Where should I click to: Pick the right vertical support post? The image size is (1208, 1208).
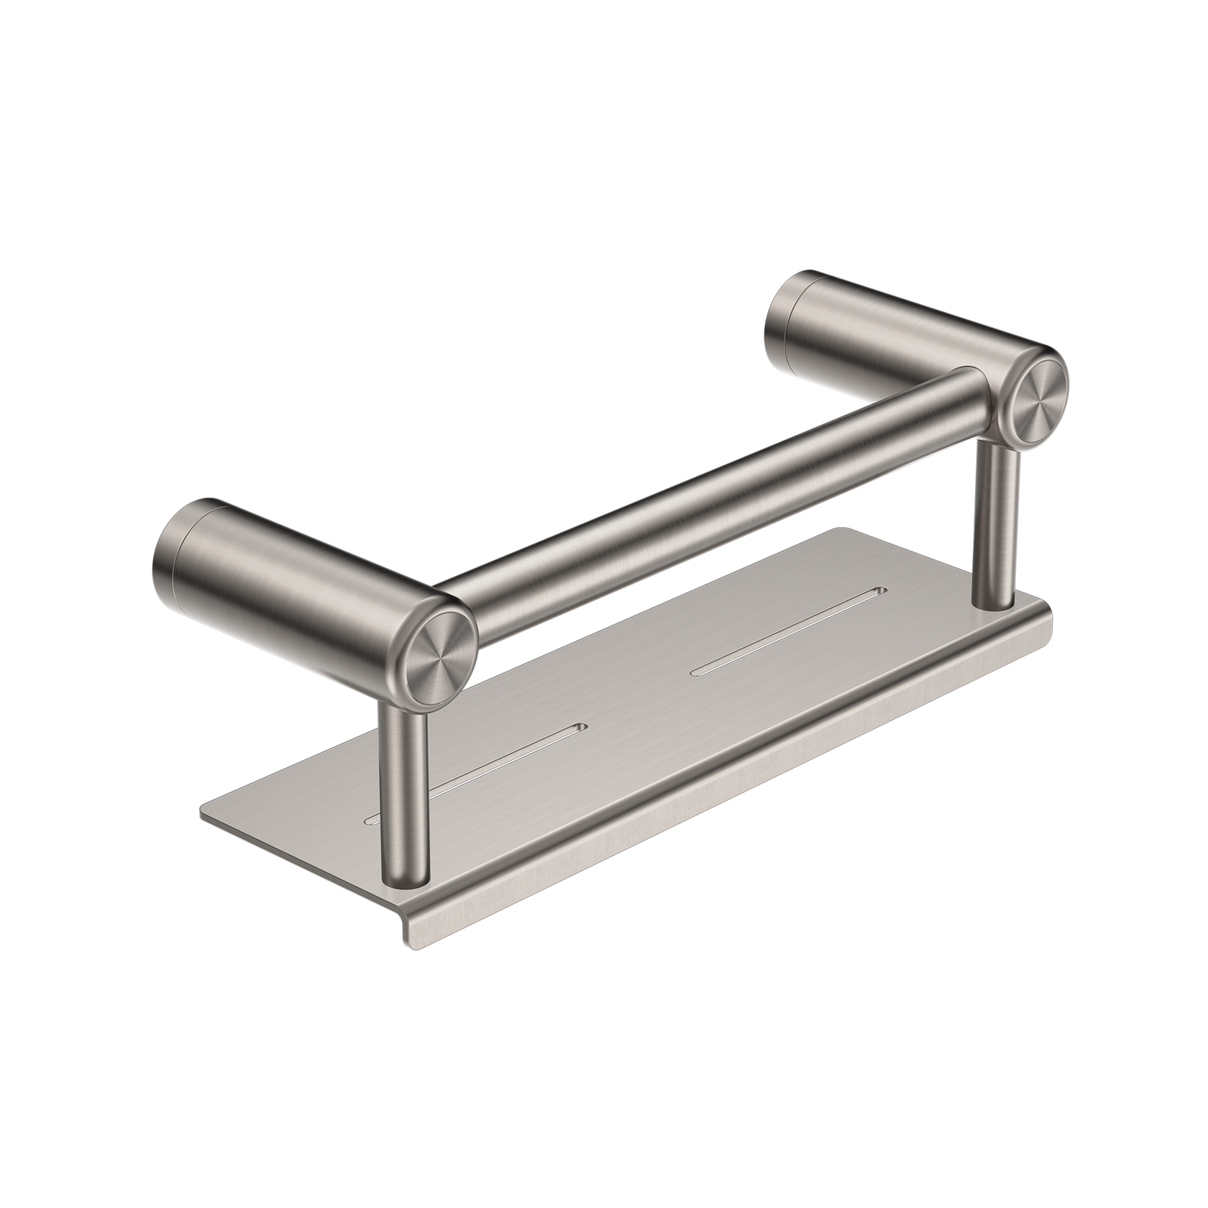(x=996, y=518)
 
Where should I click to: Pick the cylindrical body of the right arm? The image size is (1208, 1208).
(x=906, y=331)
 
